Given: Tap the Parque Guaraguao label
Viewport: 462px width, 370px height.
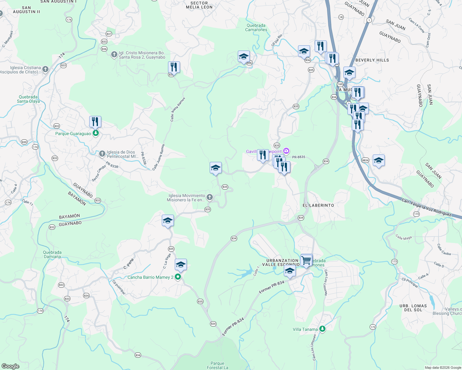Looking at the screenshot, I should tap(73, 134).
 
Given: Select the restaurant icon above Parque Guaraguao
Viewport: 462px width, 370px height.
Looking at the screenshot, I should tap(95, 122).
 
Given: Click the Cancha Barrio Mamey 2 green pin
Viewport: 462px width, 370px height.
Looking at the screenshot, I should tap(178, 277).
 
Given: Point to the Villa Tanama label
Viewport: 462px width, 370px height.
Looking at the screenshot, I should tap(305, 329).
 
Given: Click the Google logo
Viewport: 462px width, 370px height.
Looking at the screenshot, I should tap(10, 366).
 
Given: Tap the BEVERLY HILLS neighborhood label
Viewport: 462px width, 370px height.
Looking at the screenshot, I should tap(372, 60).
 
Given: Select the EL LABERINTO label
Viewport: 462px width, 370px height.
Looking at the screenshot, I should tap(318, 205).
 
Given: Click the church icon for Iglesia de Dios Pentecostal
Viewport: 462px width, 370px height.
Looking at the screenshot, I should tap(102, 154).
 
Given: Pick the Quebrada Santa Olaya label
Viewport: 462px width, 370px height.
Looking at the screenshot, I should tap(28, 99).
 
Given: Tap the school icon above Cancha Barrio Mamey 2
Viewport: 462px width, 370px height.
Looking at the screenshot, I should tap(181, 265).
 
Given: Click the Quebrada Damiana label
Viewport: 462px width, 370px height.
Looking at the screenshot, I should tap(52, 254).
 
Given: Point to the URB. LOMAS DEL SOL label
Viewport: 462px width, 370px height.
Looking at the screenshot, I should tap(413, 308).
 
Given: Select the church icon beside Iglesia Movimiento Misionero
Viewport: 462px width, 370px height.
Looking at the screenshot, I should tap(210, 197).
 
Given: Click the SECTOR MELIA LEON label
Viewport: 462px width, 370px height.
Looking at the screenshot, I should tap(199, 5).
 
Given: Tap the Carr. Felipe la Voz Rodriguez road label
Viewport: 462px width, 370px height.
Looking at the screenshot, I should tap(426, 207).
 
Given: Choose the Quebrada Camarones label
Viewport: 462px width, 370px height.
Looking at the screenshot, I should tap(256, 28).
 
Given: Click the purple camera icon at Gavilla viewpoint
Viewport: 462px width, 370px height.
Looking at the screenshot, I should tap(286, 151).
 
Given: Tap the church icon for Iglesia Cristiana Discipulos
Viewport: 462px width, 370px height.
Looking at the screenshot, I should tap(45, 69).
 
